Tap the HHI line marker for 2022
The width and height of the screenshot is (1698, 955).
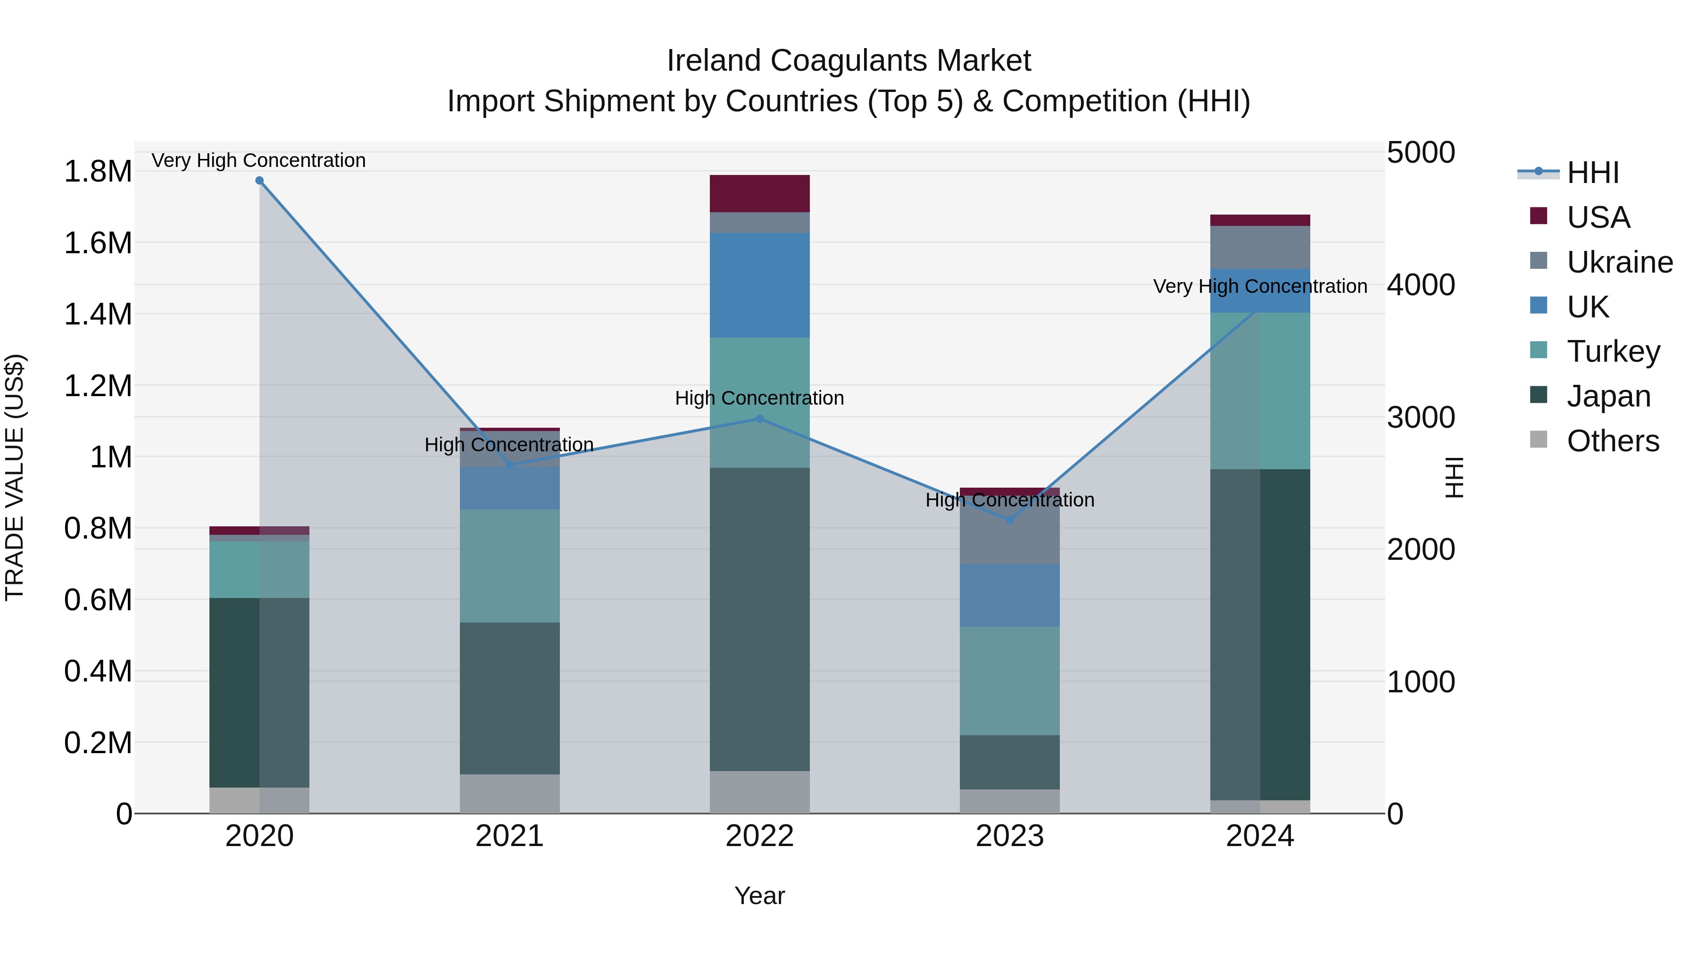[759, 418]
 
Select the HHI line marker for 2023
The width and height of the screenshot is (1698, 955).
[1010, 520]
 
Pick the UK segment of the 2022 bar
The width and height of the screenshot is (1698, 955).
[759, 285]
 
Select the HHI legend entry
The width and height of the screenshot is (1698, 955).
[1592, 173]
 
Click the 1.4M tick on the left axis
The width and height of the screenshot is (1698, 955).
[98, 315]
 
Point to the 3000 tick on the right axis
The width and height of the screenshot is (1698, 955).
[1421, 417]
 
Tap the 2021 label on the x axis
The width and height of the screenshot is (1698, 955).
[509, 836]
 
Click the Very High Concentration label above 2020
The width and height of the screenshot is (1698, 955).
[258, 160]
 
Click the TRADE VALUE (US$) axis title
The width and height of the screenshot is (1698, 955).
[15, 477]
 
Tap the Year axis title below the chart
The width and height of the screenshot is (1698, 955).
[759, 896]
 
